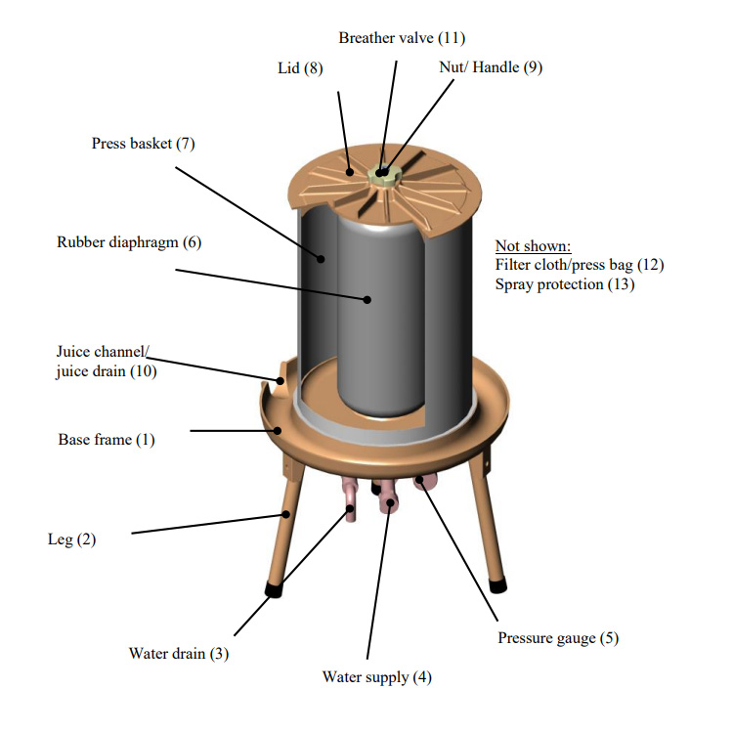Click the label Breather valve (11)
click(x=402, y=38)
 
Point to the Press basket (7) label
click(x=144, y=144)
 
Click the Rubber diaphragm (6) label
click(x=129, y=241)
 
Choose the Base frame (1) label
click(x=107, y=440)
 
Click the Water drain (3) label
click(x=179, y=654)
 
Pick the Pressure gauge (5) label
click(x=558, y=638)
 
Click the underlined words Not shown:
click(x=534, y=245)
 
